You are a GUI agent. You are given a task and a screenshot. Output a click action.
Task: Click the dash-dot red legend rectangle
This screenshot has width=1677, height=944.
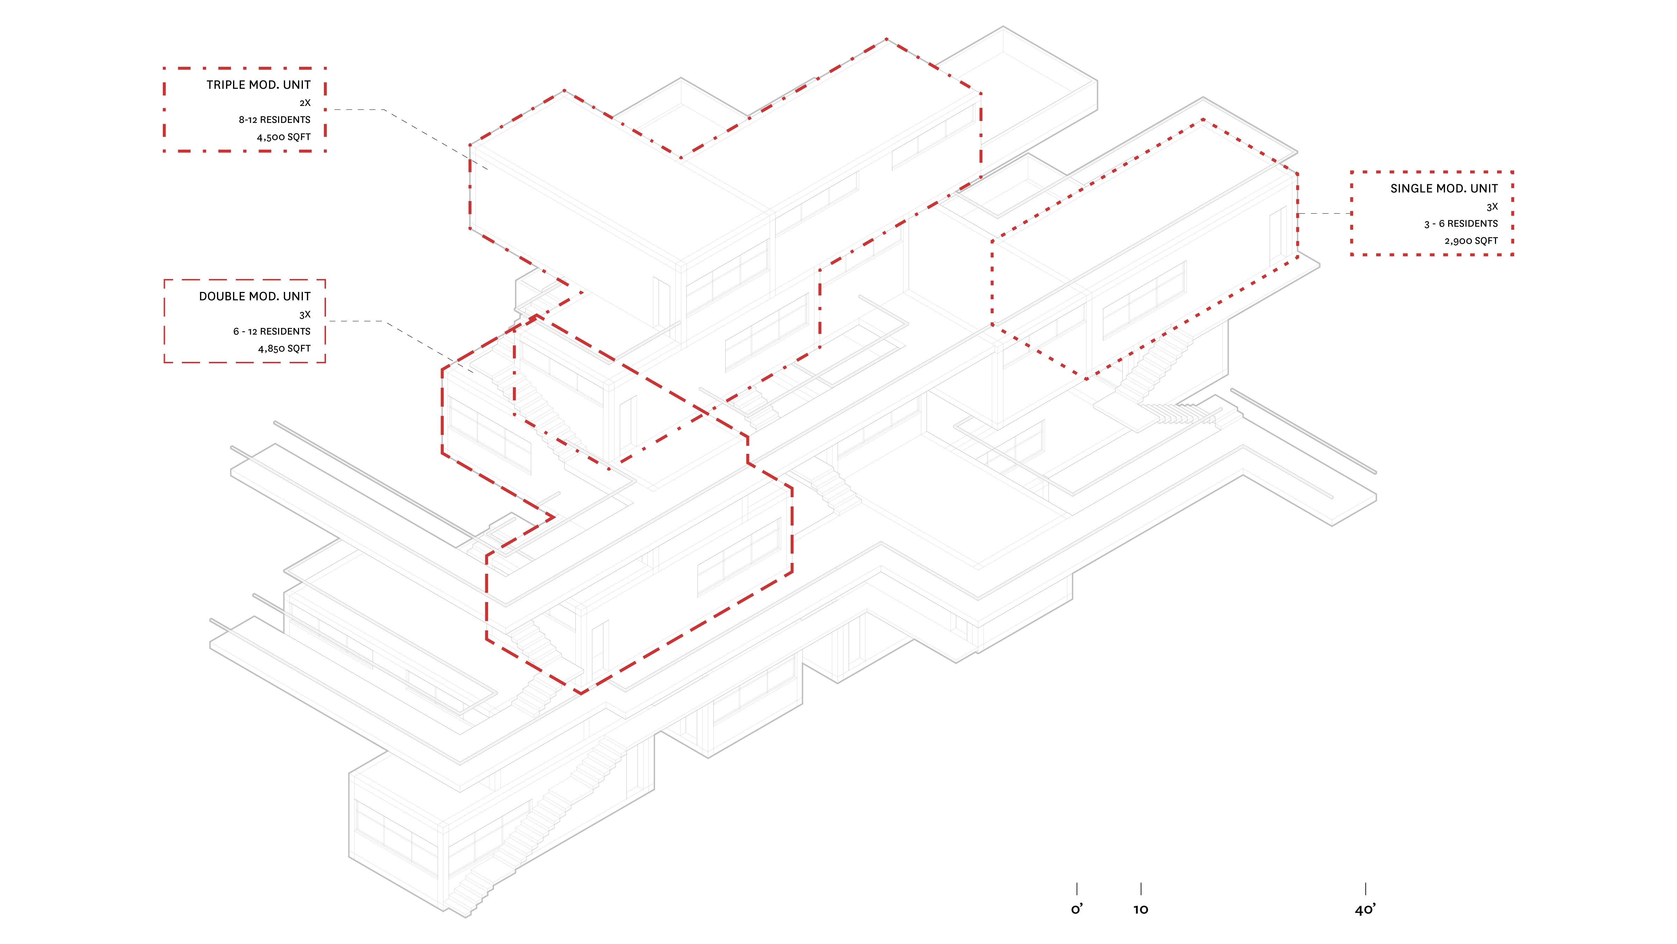point(245,109)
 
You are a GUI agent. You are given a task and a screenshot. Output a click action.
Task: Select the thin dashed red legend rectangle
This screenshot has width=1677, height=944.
point(245,321)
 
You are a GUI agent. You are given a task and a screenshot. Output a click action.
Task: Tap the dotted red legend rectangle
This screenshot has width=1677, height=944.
point(1432,213)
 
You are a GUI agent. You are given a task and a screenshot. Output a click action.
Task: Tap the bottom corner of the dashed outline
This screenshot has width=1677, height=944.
point(581,692)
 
